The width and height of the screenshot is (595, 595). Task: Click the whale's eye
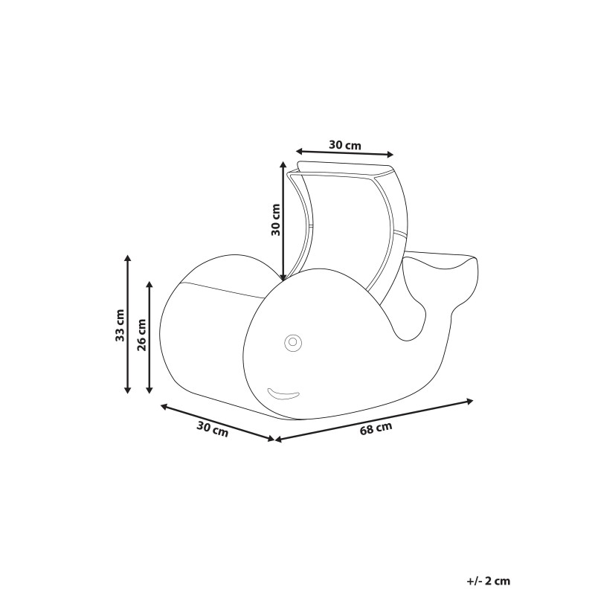(292, 342)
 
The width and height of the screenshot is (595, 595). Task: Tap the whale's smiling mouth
(283, 394)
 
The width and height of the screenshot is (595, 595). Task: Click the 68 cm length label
(376, 428)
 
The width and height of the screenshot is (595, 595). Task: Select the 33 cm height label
(120, 325)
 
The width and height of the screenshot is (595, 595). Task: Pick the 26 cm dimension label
(142, 335)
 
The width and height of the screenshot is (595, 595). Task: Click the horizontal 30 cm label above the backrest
(345, 145)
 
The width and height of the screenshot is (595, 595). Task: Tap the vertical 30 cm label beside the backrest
(275, 219)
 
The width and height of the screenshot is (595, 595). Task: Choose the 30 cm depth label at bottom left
(213, 429)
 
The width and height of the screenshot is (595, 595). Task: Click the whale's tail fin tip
(475, 260)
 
